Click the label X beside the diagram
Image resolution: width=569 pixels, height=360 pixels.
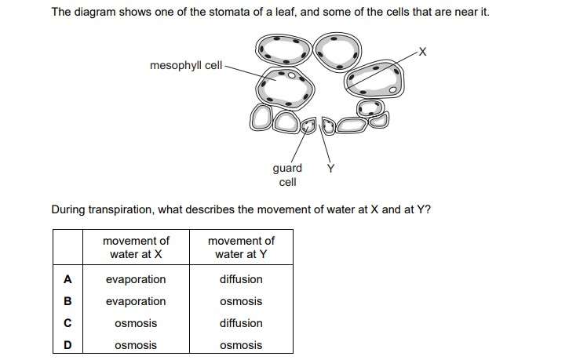(422, 52)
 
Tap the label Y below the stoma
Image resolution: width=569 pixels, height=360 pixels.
(330, 168)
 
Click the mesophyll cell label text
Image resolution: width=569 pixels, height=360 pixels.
(186, 65)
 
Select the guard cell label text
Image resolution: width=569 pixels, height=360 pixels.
(287, 175)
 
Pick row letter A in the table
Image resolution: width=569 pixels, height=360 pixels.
(67, 279)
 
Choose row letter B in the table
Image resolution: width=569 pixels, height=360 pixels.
(67, 301)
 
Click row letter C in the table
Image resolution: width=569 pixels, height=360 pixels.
(67, 323)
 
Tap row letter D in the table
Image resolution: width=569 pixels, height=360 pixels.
(67, 345)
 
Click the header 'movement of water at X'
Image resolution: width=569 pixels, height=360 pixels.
(136, 247)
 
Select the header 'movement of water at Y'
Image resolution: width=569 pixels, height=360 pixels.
(241, 247)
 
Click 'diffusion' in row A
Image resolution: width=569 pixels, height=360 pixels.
(241, 279)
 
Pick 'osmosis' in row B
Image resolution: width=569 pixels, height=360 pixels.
(241, 301)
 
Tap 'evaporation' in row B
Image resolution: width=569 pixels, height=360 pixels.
(136, 301)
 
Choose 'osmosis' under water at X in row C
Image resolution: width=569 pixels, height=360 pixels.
(136, 323)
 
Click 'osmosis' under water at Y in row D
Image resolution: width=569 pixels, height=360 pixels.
(241, 345)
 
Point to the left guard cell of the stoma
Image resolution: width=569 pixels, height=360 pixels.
(308, 125)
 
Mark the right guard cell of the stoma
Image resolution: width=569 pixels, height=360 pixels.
(328, 126)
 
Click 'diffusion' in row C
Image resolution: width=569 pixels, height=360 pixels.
(241, 323)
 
